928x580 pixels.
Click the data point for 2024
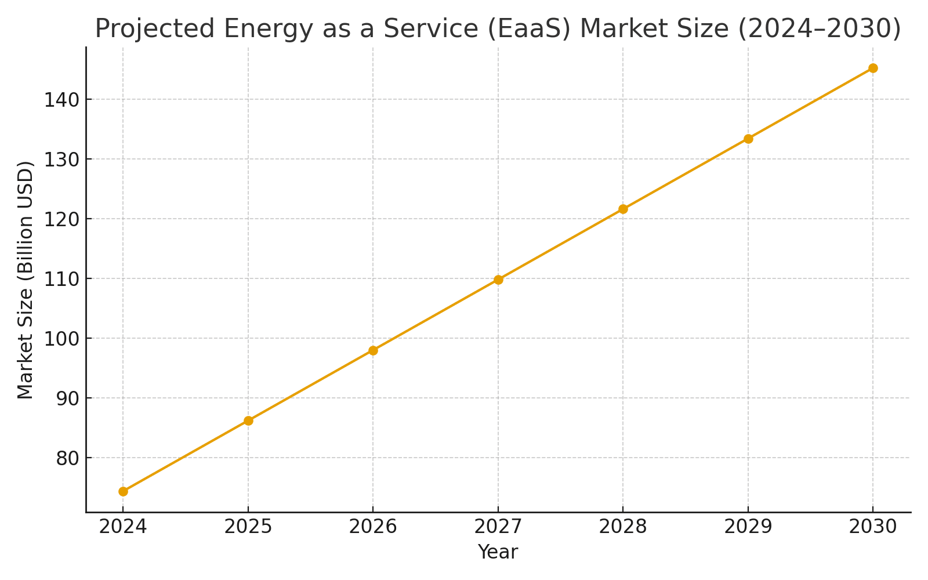coord(123,491)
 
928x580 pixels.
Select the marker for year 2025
coord(248,420)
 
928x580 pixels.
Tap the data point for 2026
coord(373,350)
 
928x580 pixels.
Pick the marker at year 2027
coord(498,280)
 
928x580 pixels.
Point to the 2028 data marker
coord(623,209)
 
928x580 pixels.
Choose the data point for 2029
coord(748,139)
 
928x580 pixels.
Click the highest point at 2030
coord(873,68)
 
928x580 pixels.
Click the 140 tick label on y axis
coord(61,100)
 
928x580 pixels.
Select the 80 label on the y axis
coord(66,458)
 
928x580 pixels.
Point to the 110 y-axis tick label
coord(61,279)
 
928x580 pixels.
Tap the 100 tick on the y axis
coord(61,339)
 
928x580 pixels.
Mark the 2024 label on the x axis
coord(123,527)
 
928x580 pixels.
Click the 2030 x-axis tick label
coord(873,527)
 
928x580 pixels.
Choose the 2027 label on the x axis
coord(498,527)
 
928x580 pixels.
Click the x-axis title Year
coord(498,552)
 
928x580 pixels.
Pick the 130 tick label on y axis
coord(61,159)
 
